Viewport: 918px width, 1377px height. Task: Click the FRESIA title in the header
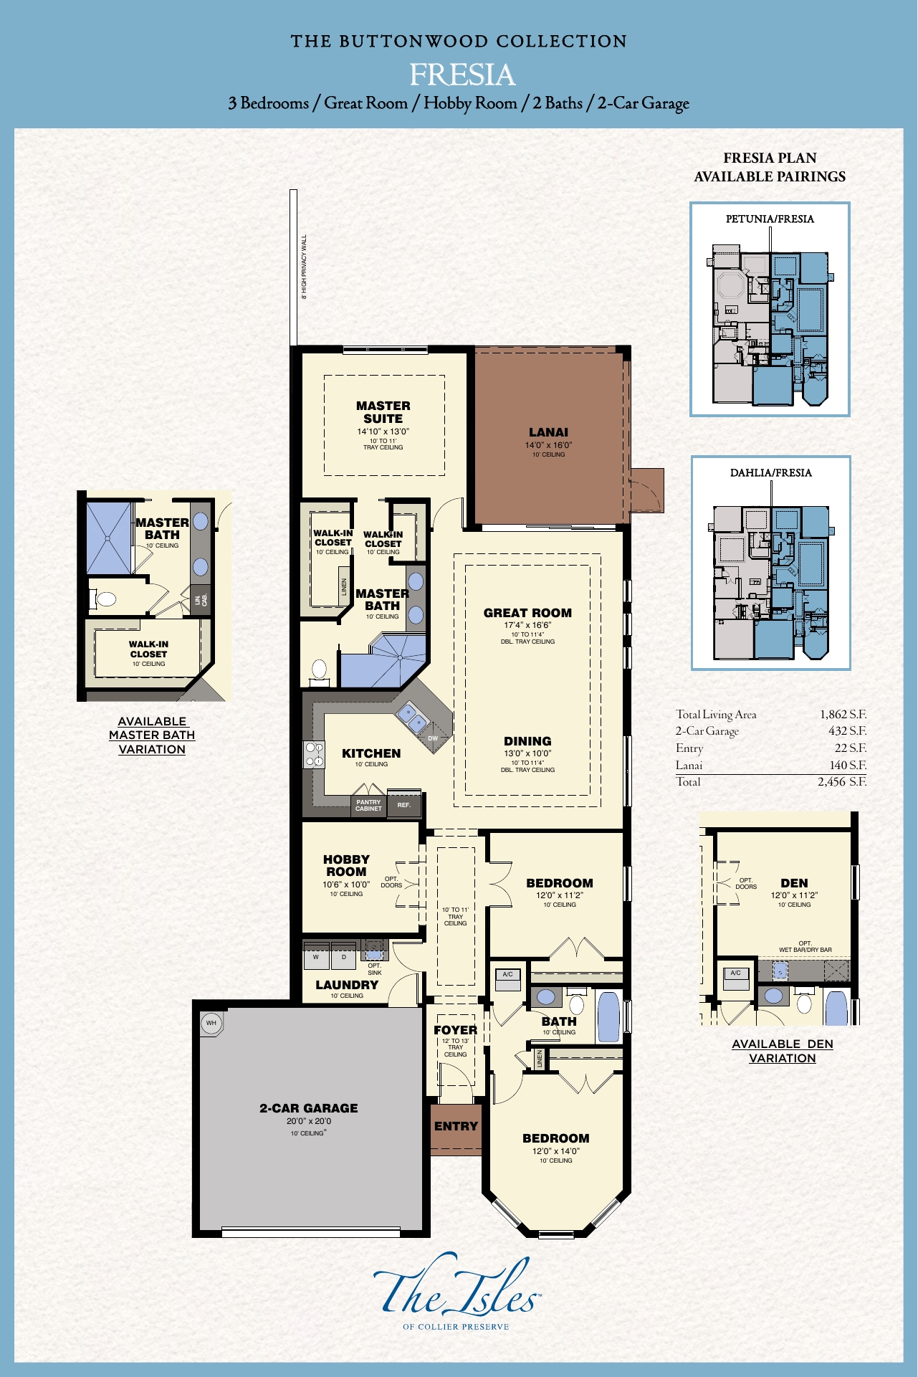(462, 75)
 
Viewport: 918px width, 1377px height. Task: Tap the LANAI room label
(548, 432)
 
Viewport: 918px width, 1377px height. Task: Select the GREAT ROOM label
(527, 613)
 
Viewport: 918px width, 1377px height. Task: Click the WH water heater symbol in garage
(211, 1023)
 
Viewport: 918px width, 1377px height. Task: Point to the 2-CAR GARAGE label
(309, 1108)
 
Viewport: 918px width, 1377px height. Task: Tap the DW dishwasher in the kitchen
(433, 738)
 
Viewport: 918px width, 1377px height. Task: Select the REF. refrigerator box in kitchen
(404, 805)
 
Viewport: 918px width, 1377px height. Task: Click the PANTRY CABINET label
(368, 806)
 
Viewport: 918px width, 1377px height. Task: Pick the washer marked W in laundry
(316, 957)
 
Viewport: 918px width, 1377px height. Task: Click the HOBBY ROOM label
(346, 865)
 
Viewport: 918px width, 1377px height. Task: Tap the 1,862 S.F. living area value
(843, 714)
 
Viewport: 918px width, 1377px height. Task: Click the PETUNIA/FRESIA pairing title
(770, 219)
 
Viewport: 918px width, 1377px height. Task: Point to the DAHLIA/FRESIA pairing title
(770, 473)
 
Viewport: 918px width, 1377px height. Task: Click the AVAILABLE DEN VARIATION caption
(782, 1051)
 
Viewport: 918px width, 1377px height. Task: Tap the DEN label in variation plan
(794, 883)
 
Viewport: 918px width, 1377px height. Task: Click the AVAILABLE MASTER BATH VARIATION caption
(152, 735)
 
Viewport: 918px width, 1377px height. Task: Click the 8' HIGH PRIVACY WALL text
(304, 267)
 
